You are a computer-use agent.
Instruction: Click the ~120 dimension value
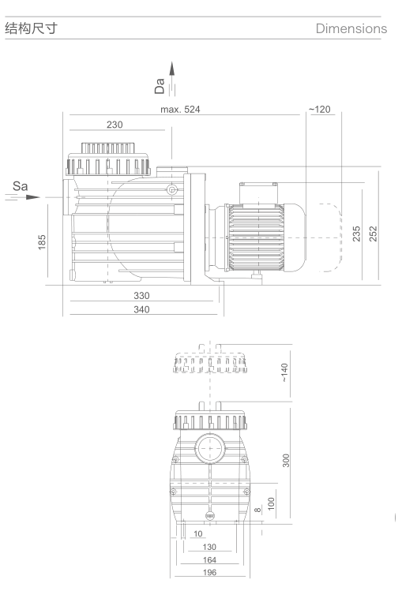pyautogui.click(x=322, y=109)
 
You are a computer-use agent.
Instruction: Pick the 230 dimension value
pyautogui.click(x=114, y=125)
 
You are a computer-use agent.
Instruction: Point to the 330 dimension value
pyautogui.click(x=140, y=295)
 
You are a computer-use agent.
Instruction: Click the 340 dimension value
pyautogui.click(x=140, y=309)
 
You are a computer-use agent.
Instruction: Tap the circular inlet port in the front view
pyautogui.click(x=209, y=450)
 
